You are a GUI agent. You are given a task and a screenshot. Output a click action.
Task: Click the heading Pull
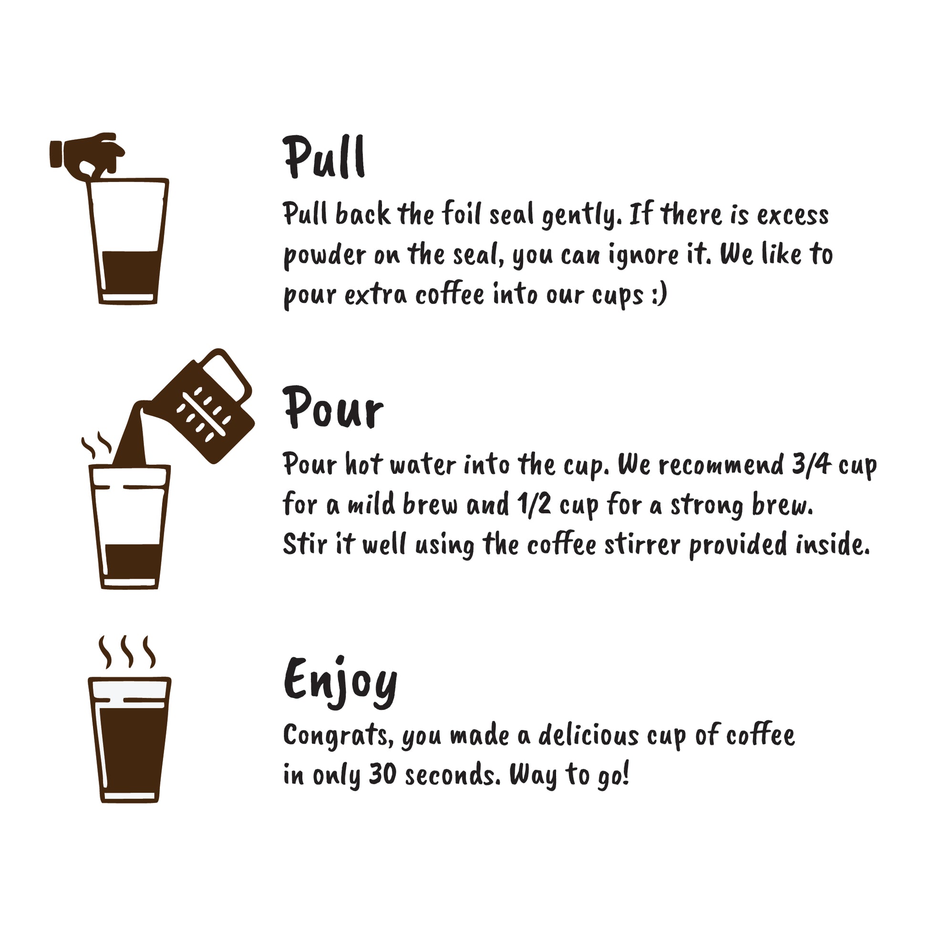(324, 157)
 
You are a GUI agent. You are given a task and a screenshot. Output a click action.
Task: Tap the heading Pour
(333, 407)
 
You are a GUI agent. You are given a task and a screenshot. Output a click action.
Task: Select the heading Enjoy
(340, 682)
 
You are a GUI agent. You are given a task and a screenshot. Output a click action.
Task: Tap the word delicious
(588, 735)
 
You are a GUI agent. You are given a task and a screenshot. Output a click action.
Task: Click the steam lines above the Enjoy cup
(127, 652)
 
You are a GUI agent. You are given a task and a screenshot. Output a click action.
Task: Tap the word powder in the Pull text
(325, 255)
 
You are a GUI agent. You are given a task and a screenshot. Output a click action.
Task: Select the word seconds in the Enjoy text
(452, 775)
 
